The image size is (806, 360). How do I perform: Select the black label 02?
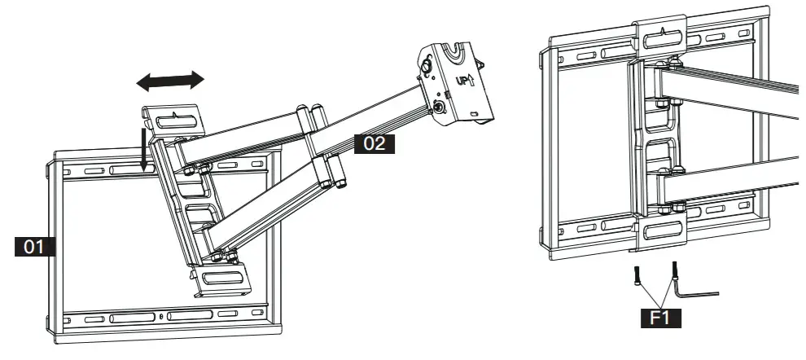tap(374, 144)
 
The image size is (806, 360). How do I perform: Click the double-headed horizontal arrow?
tap(170, 80)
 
